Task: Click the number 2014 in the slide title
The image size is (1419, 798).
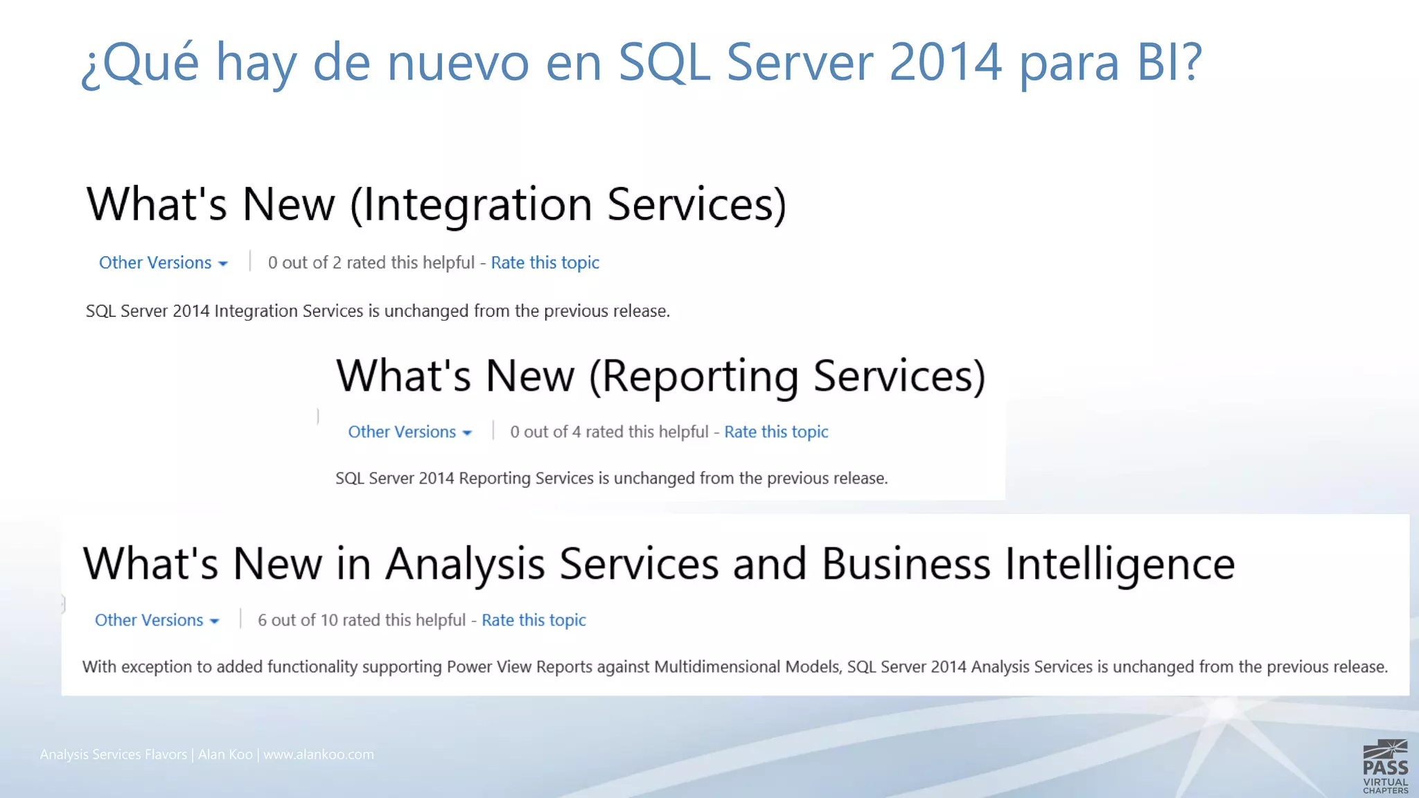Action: click(x=945, y=62)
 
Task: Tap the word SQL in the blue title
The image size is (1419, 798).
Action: click(x=663, y=62)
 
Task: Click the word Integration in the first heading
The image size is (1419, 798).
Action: click(x=472, y=204)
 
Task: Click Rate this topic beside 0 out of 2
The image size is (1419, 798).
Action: click(x=545, y=263)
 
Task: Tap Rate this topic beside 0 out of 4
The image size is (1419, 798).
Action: click(x=776, y=432)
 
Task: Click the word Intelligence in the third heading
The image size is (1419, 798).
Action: click(x=1120, y=563)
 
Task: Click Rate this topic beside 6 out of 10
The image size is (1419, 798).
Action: click(x=534, y=620)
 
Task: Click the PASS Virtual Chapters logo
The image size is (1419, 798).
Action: click(x=1385, y=767)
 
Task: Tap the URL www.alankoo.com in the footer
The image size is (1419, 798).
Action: click(x=318, y=754)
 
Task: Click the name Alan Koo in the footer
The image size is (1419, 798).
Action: click(x=225, y=754)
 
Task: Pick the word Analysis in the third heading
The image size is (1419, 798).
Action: click(x=465, y=563)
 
